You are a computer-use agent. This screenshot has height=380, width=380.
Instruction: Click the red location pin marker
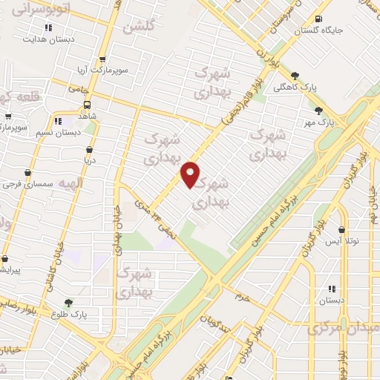point(191,174)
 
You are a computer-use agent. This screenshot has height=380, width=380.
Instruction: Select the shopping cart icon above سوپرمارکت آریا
point(102,60)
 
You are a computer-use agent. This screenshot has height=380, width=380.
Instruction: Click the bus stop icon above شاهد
point(88,105)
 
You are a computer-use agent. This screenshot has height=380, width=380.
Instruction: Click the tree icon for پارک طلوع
point(68,303)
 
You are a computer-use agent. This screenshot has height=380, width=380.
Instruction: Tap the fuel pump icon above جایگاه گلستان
point(318,19)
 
